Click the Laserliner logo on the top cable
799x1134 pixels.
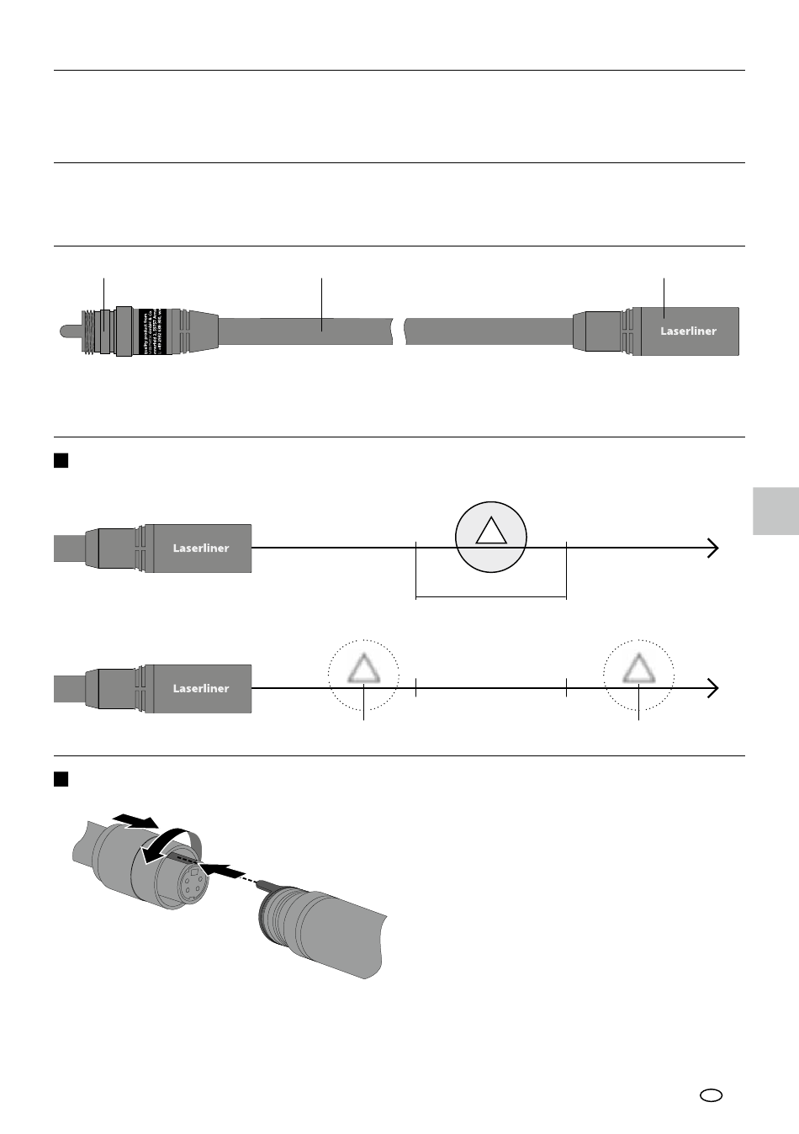tap(687, 331)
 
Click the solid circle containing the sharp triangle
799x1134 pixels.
tap(490, 536)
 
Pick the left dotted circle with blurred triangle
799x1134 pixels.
tap(363, 674)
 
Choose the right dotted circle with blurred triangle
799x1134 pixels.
tap(638, 674)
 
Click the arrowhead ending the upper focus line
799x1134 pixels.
tap(714, 548)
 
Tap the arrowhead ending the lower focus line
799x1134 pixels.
tap(714, 688)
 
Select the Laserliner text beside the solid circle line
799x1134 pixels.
tap(201, 548)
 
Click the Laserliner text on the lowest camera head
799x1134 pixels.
tap(201, 688)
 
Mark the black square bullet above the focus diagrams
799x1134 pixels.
tap(61, 460)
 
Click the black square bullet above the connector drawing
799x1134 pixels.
tap(61, 779)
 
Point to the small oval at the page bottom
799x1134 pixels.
tap(711, 1095)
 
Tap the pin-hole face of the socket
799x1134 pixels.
tap(189, 885)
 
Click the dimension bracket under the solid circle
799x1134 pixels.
tap(491, 596)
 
